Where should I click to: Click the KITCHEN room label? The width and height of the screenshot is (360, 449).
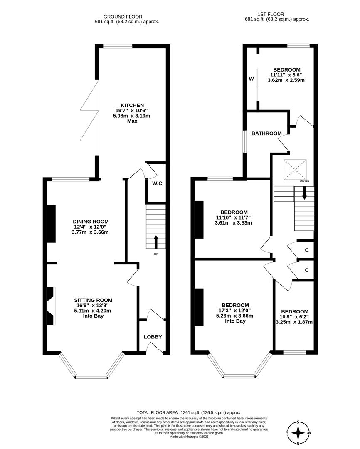(132, 105)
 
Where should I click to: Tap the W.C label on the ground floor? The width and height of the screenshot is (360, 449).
(157, 183)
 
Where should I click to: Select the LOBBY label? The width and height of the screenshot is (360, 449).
(153, 337)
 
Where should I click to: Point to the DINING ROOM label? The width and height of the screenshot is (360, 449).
(91, 221)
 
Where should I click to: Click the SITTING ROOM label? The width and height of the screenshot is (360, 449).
(93, 300)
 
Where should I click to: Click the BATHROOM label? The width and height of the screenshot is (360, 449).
(266, 133)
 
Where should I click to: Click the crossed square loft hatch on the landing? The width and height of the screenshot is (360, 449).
(296, 170)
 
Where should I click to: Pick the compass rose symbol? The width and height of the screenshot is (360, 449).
(298, 433)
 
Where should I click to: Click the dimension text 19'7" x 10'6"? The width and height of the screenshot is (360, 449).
(132, 111)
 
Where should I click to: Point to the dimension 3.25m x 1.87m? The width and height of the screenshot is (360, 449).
(294, 322)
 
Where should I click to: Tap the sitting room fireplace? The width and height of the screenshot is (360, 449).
(50, 306)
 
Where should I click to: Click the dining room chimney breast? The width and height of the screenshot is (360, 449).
(51, 223)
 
